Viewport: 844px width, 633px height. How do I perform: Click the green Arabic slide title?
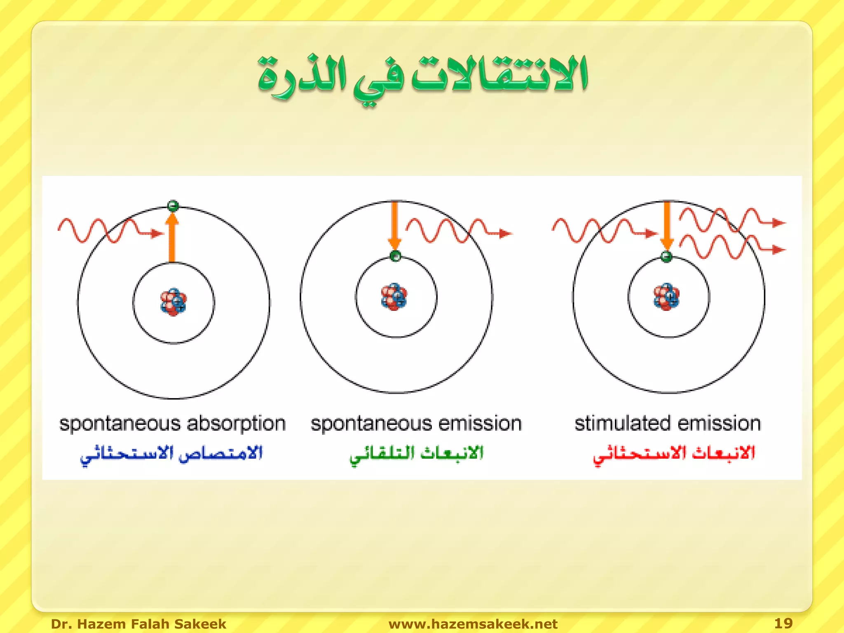tap(422, 76)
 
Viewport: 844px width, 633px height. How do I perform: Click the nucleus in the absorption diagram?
tap(173, 302)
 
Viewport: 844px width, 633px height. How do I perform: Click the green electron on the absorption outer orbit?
tap(173, 205)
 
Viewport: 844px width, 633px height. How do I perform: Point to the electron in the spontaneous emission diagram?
tap(395, 256)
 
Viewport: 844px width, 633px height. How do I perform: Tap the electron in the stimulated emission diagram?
tap(666, 256)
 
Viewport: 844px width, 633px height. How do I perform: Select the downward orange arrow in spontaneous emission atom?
tap(394, 225)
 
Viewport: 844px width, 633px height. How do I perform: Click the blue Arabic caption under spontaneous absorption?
tap(171, 455)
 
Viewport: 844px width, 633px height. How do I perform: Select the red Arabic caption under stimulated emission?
tap(674, 455)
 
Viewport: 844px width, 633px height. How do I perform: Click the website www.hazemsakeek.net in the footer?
tap(473, 624)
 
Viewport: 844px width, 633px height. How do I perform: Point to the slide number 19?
tap(783, 623)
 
